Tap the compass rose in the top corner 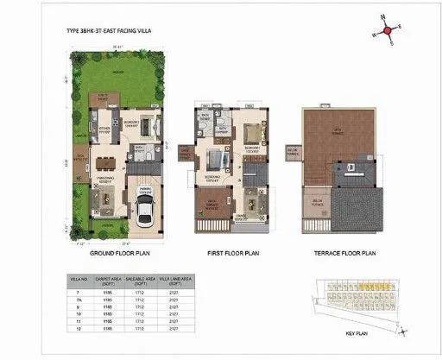(x=388, y=30)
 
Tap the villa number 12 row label (x=77, y=329)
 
